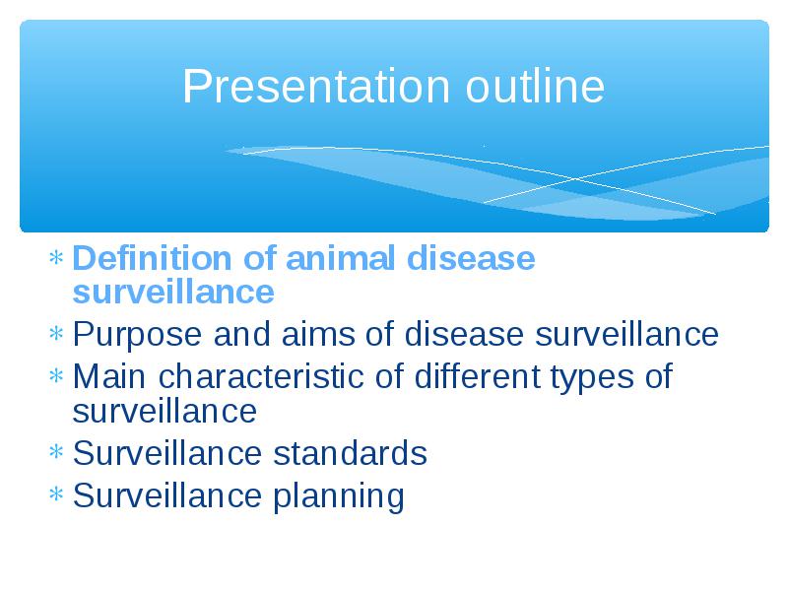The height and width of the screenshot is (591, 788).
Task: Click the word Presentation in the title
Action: pos(316,87)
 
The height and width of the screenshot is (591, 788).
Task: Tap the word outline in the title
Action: pos(535,86)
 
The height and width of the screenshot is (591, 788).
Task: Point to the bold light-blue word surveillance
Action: pos(173,292)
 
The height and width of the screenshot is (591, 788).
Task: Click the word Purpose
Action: pos(137,335)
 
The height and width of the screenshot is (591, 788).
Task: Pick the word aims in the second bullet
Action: pos(318,334)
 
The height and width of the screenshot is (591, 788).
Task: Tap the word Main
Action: pos(109,376)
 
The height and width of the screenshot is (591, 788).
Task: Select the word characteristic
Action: pos(261,376)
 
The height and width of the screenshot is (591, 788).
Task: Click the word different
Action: pos(478,376)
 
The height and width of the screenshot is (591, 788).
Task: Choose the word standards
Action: pos(350,453)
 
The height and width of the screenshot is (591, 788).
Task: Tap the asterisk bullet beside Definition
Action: pos(56,258)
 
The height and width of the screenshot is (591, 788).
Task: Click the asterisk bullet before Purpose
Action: pos(56,334)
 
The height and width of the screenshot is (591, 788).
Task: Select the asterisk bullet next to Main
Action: pos(56,376)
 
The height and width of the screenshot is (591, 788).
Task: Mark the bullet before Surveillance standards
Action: pos(56,452)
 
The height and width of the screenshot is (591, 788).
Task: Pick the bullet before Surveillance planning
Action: pos(56,494)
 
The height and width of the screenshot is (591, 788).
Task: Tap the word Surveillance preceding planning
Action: pos(167,495)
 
